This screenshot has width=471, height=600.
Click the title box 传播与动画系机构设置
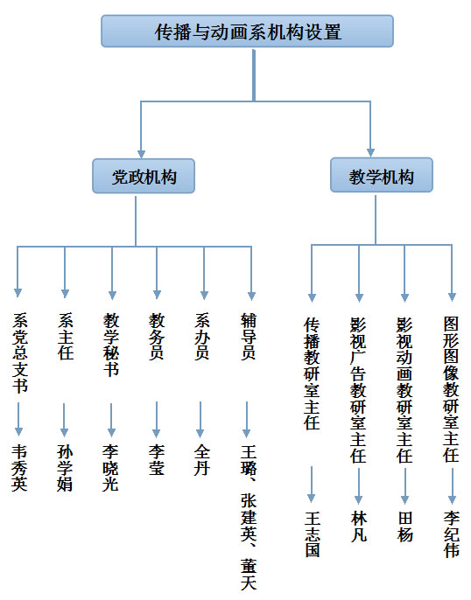247,31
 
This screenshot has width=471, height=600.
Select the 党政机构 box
144,176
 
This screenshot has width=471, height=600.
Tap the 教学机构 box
382,175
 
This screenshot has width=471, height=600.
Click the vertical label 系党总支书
20,352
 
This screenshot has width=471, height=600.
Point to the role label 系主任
66,337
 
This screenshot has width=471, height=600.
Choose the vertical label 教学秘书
111,345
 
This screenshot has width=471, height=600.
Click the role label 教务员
157,337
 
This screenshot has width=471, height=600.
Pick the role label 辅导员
248,337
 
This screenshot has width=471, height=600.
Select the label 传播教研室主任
312,373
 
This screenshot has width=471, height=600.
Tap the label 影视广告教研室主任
358,390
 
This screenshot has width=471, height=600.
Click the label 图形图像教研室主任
452,389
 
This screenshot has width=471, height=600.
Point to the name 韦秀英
19,468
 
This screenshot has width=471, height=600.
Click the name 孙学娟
65,468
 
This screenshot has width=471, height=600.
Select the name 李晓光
110,468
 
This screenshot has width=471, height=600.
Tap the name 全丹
202,459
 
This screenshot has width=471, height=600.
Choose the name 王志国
313,534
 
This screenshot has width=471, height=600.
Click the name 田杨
405,527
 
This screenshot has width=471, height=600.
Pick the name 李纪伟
452,534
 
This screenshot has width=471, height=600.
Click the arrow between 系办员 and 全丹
200,420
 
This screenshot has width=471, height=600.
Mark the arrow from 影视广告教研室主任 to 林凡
358,486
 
